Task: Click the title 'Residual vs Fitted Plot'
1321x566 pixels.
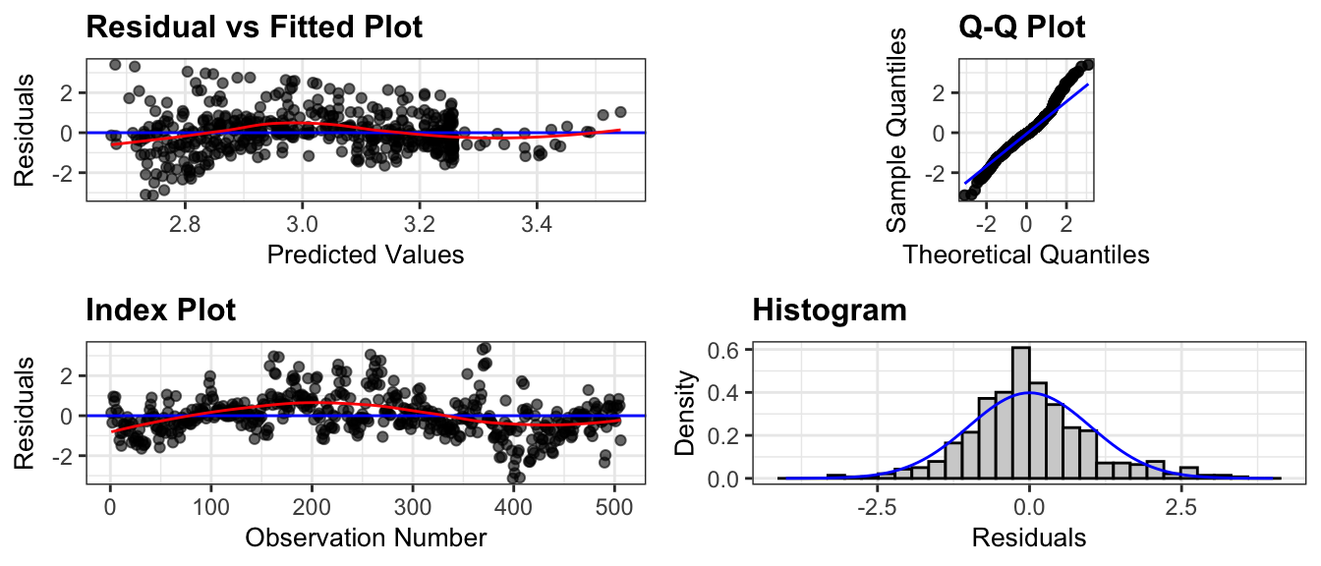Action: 255,28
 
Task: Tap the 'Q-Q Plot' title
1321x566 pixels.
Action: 1022,28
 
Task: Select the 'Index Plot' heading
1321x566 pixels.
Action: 161,311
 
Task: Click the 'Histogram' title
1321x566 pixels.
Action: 830,311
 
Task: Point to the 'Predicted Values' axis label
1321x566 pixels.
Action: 366,255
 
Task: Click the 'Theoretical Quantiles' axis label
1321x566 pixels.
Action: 1026,255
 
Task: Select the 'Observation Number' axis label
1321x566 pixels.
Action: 366,538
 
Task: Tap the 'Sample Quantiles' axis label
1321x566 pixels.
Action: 896,131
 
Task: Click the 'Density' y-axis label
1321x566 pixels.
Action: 685,413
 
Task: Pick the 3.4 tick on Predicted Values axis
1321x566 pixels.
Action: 537,224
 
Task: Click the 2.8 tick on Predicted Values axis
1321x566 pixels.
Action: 185,224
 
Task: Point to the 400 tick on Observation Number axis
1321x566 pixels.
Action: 513,507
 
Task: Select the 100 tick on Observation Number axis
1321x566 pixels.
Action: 210,507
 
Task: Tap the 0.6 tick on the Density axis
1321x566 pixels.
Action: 722,350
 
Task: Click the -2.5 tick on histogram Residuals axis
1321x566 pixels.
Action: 878,507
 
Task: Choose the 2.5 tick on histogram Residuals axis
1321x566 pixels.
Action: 1181,507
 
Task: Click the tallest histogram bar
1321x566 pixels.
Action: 1021,413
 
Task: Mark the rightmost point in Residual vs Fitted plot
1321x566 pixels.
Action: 620,112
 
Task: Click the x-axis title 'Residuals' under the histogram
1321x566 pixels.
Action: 1029,538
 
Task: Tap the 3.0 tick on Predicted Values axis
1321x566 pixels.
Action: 302,224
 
